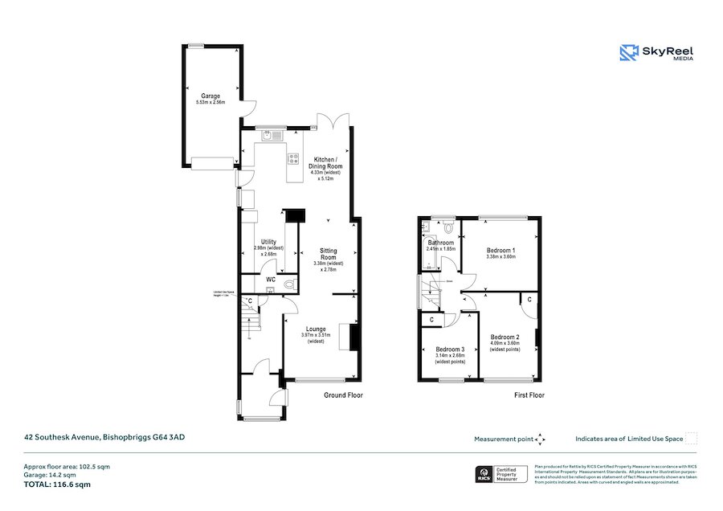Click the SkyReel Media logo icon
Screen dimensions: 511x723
click(628, 53)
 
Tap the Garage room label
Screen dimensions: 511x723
click(210, 96)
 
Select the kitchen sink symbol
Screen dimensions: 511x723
click(269, 136)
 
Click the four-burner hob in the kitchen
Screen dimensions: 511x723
click(294, 157)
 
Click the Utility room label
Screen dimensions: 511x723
click(268, 242)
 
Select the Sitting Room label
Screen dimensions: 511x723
click(328, 254)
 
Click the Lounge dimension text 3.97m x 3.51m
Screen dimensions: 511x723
click(317, 334)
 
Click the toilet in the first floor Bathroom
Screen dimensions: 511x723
click(447, 228)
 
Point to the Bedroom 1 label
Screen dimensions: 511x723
click(500, 251)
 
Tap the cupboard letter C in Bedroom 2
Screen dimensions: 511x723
click(529, 300)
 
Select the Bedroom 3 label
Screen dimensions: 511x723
click(450, 350)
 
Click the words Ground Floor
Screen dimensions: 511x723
click(343, 395)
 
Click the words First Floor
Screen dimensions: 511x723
click(529, 395)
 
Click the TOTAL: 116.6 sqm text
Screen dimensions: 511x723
click(56, 484)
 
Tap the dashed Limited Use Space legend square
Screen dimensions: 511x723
click(691, 438)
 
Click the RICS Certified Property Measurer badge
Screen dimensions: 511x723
click(501, 475)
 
